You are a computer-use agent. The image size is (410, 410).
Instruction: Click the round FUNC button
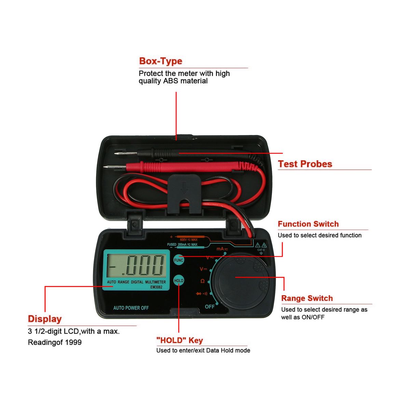click(178, 260)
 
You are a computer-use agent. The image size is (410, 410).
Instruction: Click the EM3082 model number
click(156, 287)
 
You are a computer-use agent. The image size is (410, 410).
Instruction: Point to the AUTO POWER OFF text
click(131, 308)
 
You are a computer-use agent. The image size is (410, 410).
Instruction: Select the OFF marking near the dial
click(209, 306)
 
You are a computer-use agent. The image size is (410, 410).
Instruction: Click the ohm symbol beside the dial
click(202, 281)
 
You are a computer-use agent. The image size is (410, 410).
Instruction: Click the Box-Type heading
click(161, 61)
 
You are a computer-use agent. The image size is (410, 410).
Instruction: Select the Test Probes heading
click(305, 164)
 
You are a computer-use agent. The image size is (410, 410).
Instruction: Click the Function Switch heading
click(308, 224)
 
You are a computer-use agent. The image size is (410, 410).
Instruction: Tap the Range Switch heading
click(307, 298)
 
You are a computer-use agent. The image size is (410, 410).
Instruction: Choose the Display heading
click(45, 319)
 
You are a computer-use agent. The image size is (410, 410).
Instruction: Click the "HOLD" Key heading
click(180, 340)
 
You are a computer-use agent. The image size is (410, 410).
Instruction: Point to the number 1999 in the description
click(73, 342)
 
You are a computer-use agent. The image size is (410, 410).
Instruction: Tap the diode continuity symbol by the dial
click(201, 294)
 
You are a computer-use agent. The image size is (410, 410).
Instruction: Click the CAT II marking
click(261, 250)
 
